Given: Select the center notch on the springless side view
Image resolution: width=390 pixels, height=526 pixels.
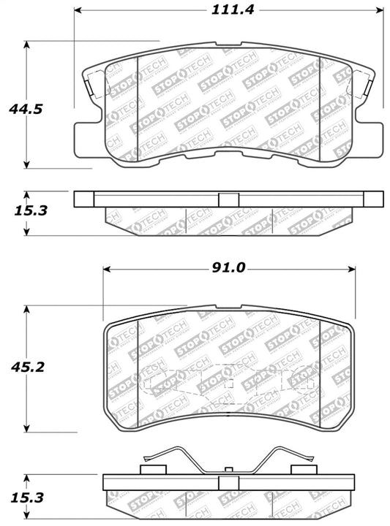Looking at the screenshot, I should pos(228,199).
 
